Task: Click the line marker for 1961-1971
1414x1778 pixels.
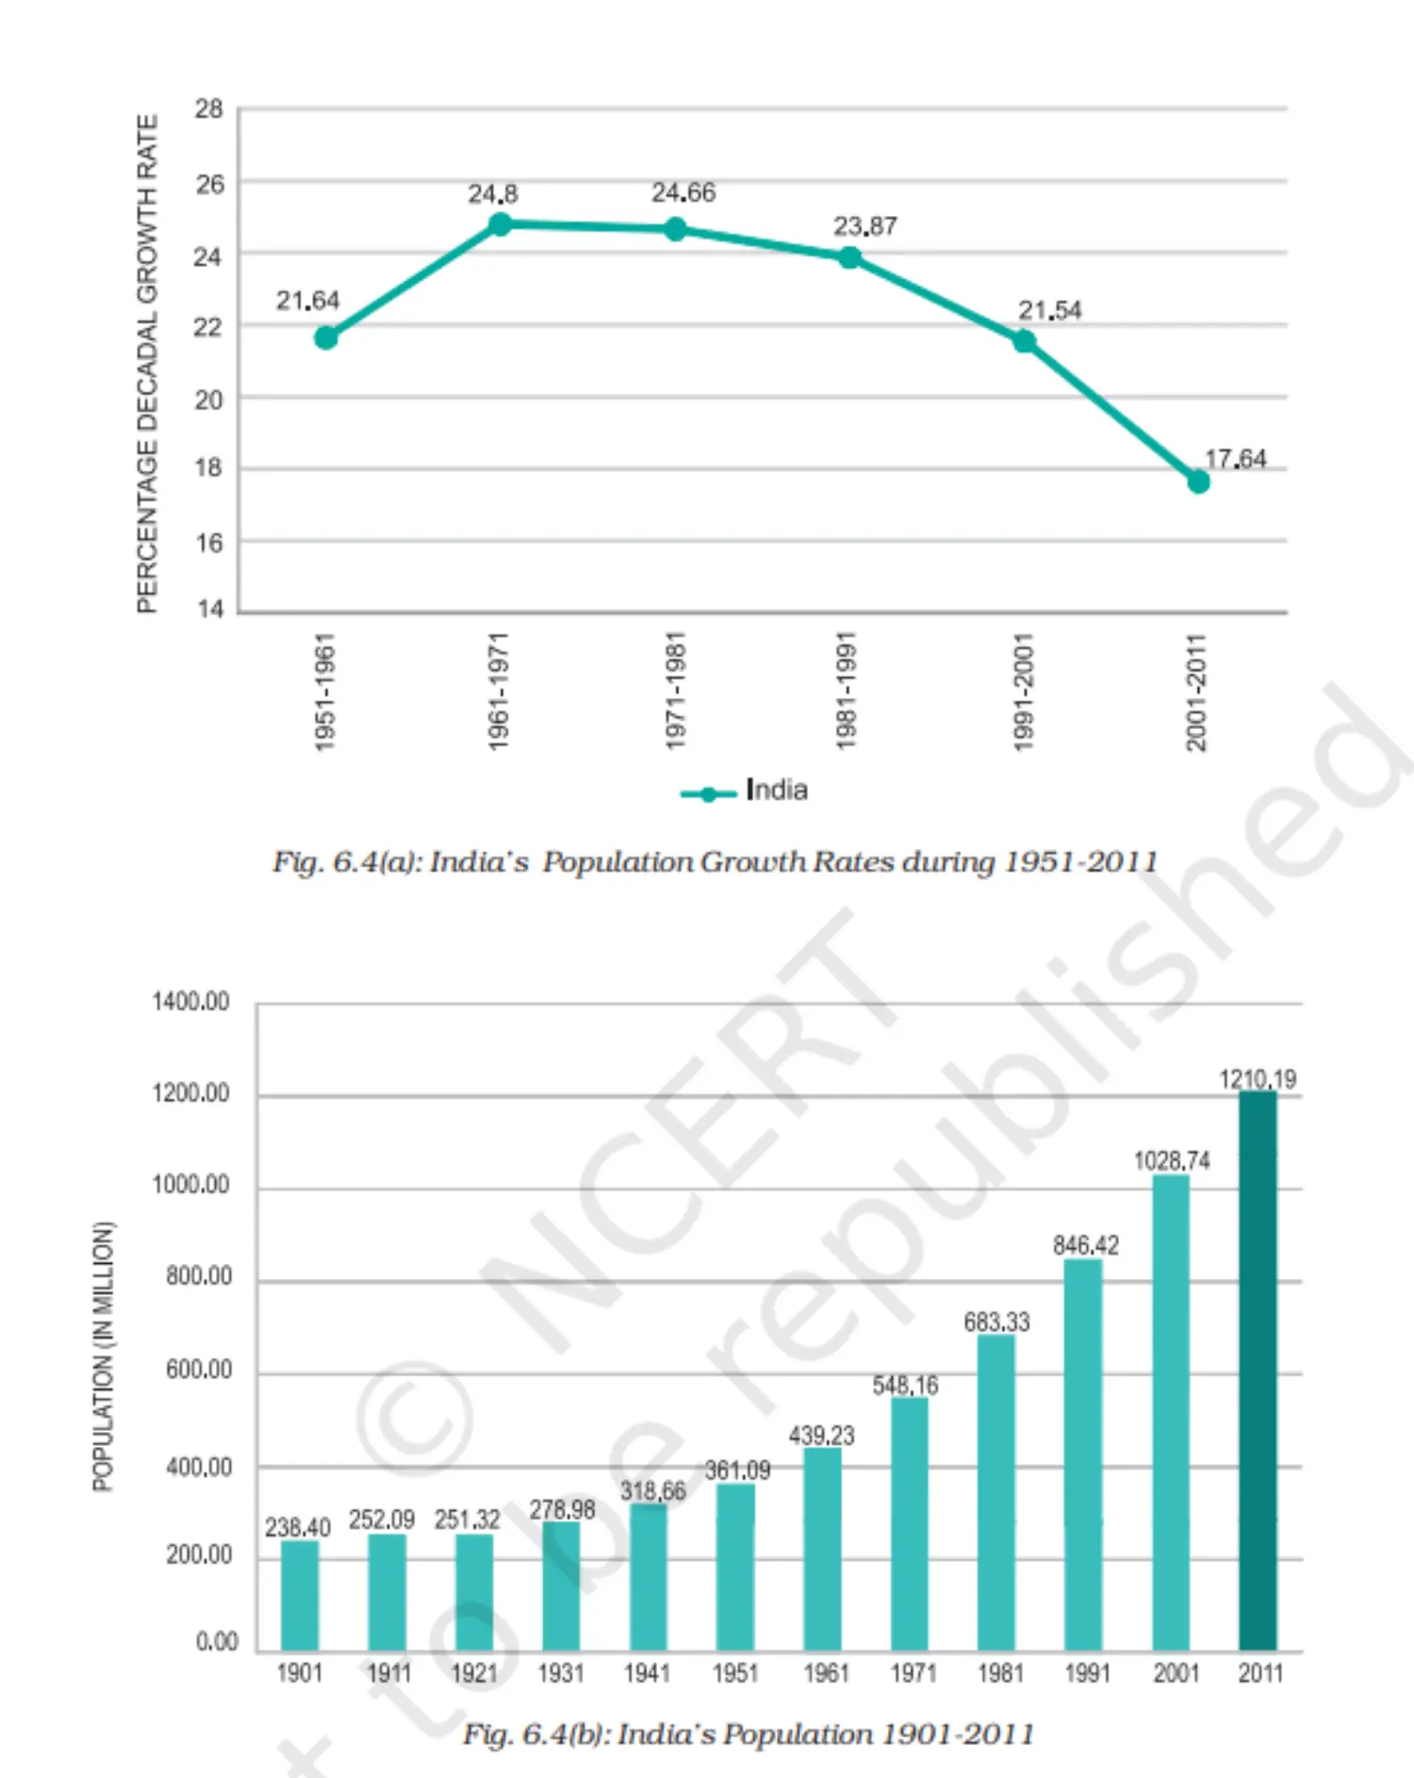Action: point(501,224)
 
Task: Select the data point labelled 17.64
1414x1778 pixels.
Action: point(1198,482)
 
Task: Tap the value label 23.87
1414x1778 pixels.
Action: point(864,226)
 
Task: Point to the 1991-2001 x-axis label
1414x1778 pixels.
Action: point(1023,692)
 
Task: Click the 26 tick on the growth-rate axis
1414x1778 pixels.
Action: point(209,184)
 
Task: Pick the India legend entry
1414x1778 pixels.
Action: point(744,790)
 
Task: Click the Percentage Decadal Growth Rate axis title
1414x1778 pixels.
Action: point(147,363)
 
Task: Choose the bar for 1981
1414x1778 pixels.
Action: point(996,1492)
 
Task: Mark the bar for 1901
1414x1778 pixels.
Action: point(300,1595)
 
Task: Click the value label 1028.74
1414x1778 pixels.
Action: point(1172,1160)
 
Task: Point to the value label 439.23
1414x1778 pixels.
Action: point(822,1436)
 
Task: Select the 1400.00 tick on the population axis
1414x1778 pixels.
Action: point(190,1002)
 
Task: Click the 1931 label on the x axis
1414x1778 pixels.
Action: point(561,1673)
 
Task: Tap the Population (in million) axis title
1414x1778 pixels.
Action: point(103,1356)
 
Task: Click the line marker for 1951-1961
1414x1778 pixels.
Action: point(326,338)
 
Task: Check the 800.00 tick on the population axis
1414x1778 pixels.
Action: point(199,1276)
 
